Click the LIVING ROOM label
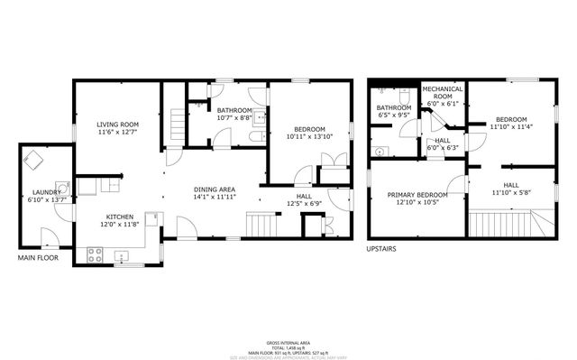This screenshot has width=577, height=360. [x=117, y=124]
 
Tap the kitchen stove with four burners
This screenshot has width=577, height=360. [x=95, y=255]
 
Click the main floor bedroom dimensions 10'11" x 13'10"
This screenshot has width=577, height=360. [x=306, y=137]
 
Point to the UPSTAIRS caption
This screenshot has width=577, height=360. [x=385, y=247]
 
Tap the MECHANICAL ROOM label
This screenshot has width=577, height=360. [x=443, y=93]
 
